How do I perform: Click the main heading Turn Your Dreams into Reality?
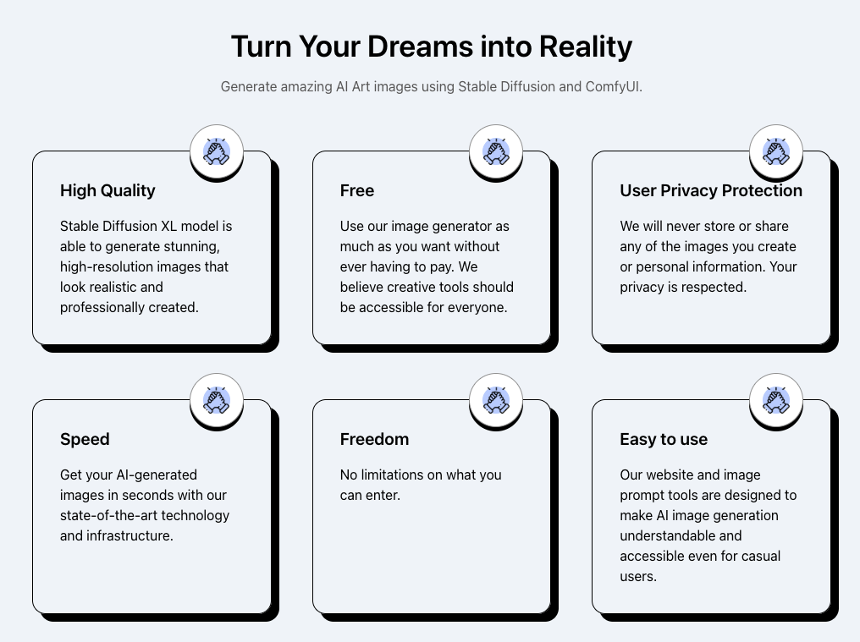431,47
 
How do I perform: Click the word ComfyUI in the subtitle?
613,86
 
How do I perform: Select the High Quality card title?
107,191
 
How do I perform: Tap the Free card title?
357,190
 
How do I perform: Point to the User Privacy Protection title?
711,190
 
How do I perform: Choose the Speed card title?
85,439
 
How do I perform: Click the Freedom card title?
375,439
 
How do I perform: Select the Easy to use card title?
664,439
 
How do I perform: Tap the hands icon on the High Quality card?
217,151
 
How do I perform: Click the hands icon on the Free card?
496,151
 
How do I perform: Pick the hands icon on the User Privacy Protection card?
776,151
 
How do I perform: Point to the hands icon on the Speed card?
217,400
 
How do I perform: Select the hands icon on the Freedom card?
496,400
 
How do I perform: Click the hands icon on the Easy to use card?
776,400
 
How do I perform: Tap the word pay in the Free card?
440,267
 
